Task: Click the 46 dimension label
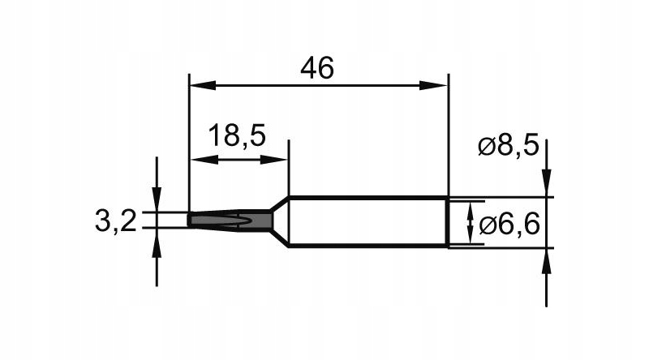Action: coord(317,69)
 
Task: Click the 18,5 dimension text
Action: coord(237,135)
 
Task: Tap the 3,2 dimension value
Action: coord(115,221)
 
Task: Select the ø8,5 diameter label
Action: coord(509,146)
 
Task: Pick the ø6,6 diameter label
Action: coord(509,225)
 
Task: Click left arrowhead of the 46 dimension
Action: coord(203,86)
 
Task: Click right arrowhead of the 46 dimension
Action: coord(433,86)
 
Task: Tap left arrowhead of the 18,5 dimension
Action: coord(204,160)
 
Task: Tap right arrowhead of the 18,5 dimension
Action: coord(273,160)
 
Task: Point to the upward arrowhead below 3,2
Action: coord(157,241)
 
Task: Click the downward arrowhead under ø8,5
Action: coord(546,182)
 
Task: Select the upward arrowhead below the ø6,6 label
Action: coord(546,262)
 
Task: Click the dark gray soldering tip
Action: coord(230,221)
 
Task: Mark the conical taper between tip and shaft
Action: coord(280,221)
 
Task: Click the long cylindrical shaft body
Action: coord(368,221)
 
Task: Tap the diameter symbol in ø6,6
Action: coord(487,226)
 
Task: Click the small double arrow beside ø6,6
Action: coord(470,223)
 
